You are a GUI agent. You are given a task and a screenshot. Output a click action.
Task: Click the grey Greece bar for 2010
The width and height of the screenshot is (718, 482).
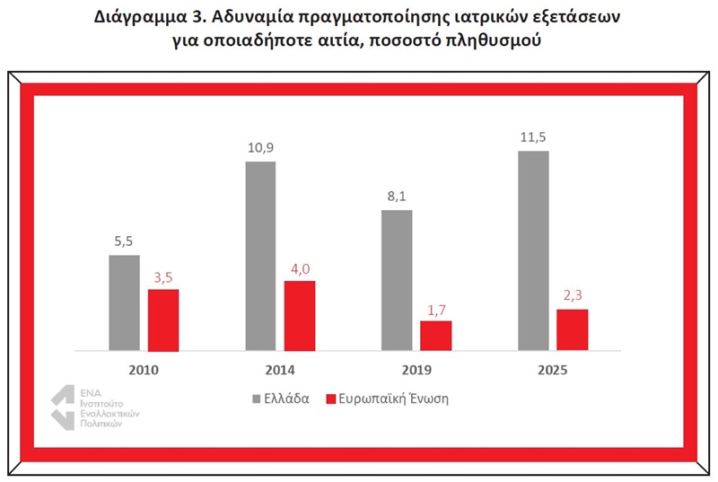[124, 303]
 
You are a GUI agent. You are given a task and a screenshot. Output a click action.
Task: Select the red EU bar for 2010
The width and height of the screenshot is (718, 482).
[163, 320]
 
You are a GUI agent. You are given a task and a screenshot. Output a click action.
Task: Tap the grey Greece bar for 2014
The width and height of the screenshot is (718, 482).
[260, 257]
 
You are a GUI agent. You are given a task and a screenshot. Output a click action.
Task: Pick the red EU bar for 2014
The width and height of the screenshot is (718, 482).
[300, 316]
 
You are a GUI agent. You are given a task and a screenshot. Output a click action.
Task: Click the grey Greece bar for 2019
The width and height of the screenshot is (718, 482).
[397, 281]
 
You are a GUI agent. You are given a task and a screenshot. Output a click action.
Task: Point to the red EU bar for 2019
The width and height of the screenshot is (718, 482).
[436, 336]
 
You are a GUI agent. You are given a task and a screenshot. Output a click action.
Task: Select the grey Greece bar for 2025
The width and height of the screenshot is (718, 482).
[533, 250]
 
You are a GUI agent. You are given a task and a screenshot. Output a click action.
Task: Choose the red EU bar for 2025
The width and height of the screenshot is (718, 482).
[573, 330]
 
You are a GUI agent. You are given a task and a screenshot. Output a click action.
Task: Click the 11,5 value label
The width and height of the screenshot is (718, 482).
[533, 137]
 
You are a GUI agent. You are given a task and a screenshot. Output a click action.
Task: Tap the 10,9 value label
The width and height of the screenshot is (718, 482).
[260, 148]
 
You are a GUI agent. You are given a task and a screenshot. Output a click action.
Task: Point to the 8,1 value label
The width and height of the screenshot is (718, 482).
[397, 197]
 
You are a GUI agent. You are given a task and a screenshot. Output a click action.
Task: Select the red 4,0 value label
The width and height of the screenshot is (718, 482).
[300, 269]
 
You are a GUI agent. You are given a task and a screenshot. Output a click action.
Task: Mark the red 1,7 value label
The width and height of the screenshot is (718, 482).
[436, 311]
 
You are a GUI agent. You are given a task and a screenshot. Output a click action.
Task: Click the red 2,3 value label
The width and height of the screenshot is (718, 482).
[573, 295]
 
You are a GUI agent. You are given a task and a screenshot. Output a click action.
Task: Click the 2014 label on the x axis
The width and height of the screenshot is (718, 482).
[280, 370]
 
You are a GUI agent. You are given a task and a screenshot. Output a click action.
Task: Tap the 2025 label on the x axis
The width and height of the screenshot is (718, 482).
[553, 370]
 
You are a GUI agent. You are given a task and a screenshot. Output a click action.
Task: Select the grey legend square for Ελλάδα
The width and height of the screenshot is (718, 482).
[257, 399]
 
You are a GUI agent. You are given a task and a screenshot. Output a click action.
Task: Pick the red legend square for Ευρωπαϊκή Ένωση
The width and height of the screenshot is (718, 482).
[330, 399]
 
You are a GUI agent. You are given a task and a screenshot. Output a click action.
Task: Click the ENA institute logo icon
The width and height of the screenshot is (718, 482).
[63, 408]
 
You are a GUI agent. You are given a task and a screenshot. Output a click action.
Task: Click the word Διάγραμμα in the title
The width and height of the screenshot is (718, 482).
[139, 17]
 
